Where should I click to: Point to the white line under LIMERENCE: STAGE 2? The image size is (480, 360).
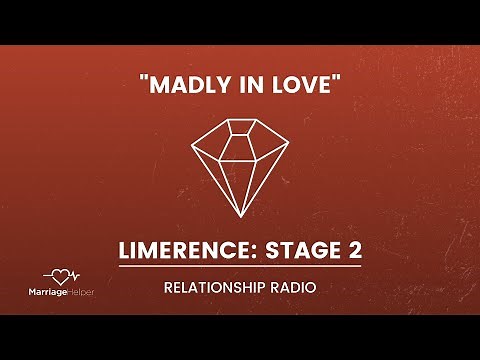(240, 266)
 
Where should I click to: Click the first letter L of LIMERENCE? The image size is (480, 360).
(125, 248)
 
